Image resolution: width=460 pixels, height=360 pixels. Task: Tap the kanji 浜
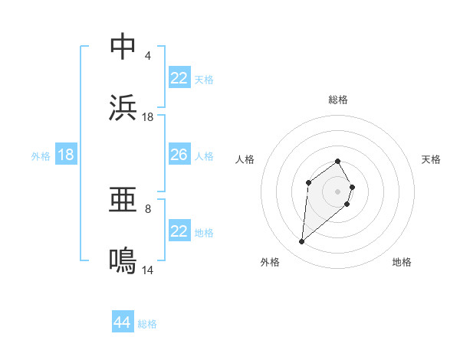pyautogui.click(x=123, y=108)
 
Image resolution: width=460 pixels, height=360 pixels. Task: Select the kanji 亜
pyautogui.click(x=123, y=201)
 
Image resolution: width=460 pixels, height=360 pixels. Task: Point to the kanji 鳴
pyautogui.click(x=123, y=261)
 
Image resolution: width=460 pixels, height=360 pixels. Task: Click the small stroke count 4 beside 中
pyautogui.click(x=148, y=55)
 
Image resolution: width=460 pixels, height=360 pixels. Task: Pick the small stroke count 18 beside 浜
pyautogui.click(x=148, y=116)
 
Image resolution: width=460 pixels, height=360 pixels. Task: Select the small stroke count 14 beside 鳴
pyautogui.click(x=148, y=270)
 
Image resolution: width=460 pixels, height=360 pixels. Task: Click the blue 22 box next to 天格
pyautogui.click(x=179, y=78)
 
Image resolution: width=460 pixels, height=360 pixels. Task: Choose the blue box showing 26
pyautogui.click(x=179, y=155)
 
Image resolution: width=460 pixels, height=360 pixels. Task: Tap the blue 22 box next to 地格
pyautogui.click(x=179, y=231)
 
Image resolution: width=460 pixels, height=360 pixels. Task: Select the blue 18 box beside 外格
pyautogui.click(x=66, y=155)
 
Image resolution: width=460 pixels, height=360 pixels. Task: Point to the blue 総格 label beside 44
pyautogui.click(x=148, y=324)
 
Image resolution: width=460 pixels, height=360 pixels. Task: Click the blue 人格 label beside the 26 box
pyautogui.click(x=204, y=155)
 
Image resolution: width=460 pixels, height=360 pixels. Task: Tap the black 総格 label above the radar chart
pyautogui.click(x=337, y=100)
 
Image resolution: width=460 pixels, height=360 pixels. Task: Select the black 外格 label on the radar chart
pyautogui.click(x=270, y=262)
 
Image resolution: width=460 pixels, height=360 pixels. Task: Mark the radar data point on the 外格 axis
pyautogui.click(x=302, y=242)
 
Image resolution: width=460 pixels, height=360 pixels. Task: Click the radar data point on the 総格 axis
pyautogui.click(x=337, y=161)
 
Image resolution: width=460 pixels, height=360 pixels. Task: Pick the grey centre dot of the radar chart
pyautogui.click(x=337, y=191)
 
